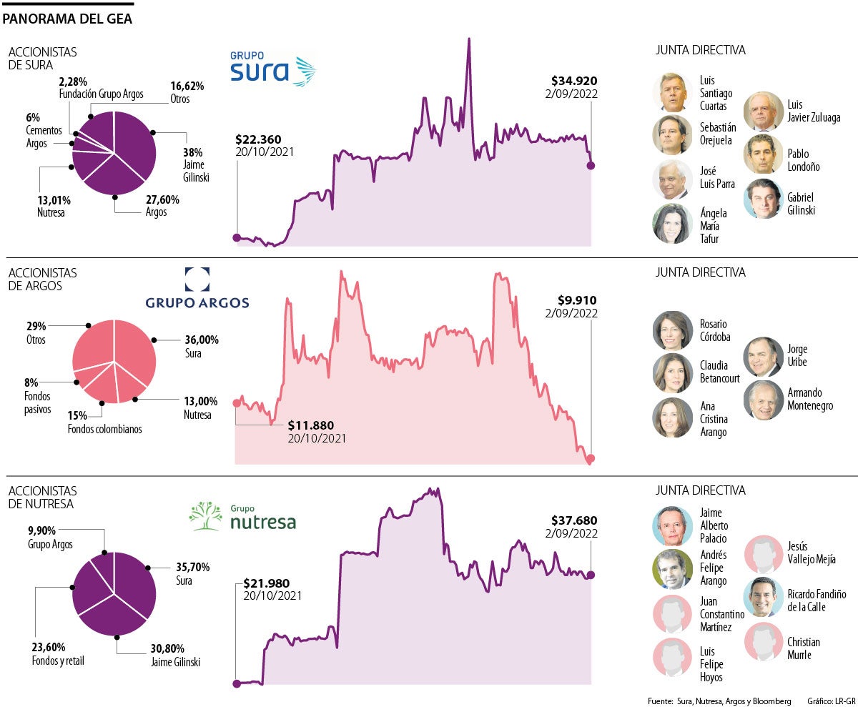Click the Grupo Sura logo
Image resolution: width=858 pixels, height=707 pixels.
tap(272, 69)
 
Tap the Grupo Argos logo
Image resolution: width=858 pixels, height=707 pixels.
tap(197, 290)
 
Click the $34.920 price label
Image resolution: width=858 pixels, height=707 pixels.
tap(574, 80)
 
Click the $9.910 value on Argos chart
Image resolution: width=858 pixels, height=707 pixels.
tap(578, 300)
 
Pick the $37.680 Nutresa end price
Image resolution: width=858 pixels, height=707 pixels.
tap(574, 520)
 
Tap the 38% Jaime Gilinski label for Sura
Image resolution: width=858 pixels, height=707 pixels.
tap(192, 152)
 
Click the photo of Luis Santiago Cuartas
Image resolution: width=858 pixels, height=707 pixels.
tap(673, 92)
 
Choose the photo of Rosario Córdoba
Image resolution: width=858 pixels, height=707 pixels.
tap(673, 330)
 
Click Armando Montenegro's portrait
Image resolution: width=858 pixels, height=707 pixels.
tap(764, 400)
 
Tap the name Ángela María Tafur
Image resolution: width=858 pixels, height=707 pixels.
tap(714, 226)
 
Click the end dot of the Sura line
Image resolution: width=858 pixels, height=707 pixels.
tap(591, 166)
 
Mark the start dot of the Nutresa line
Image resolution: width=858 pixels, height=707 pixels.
tap(237, 683)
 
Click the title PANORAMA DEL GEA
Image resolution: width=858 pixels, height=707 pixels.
tap(67, 19)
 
